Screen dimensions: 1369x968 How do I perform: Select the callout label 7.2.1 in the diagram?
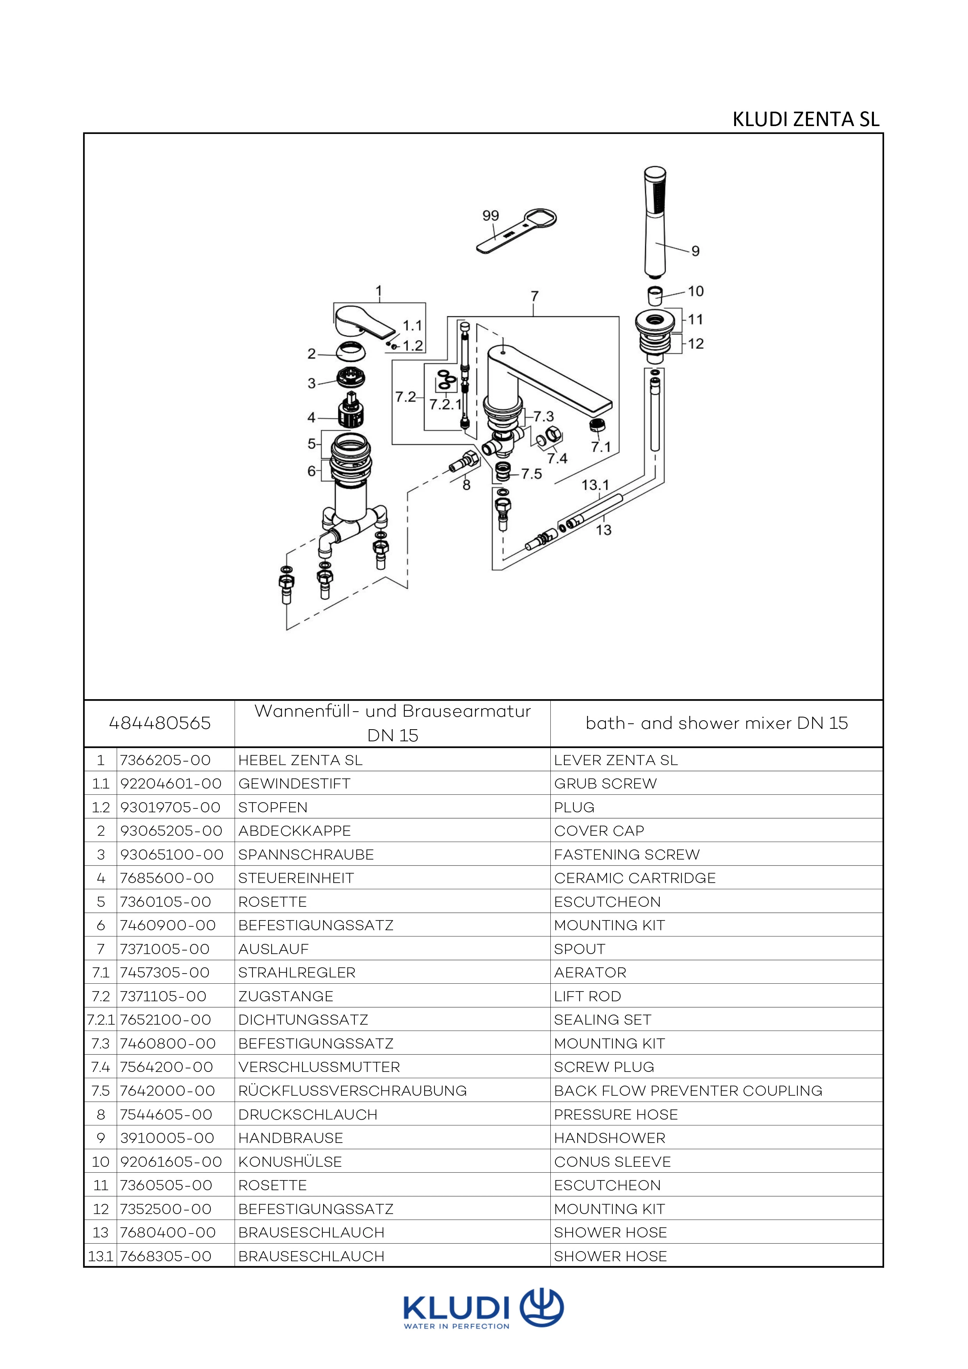445,404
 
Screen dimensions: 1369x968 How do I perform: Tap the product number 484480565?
160,723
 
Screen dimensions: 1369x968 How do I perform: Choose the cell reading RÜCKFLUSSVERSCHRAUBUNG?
352,1091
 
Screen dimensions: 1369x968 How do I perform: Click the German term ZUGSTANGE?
285,996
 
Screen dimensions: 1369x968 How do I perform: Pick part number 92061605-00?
171,1161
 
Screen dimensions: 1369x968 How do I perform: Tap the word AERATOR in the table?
590,972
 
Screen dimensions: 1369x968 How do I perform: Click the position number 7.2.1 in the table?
100,1020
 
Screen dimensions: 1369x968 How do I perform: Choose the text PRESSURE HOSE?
616,1114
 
